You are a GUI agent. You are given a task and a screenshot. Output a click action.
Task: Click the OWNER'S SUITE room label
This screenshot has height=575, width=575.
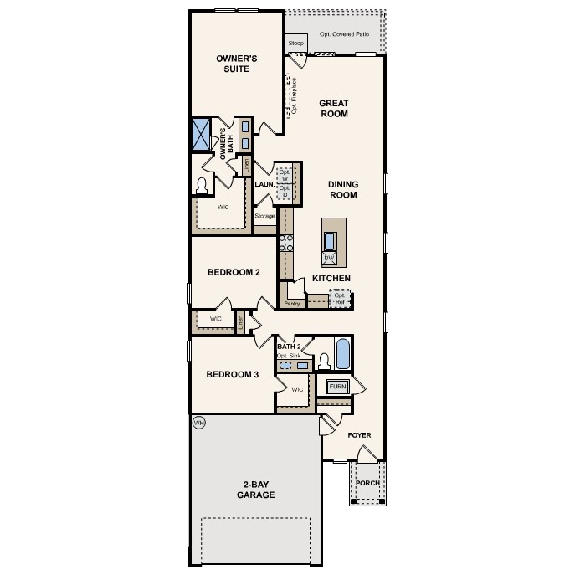[236, 64]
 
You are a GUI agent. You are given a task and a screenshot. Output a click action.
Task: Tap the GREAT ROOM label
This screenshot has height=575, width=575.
[333, 108]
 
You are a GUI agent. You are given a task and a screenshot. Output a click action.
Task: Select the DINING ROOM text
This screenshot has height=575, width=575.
[342, 189]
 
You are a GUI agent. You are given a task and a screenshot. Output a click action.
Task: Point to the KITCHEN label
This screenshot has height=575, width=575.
[331, 278]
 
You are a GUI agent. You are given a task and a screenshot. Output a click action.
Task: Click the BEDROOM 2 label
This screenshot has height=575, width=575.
[234, 272]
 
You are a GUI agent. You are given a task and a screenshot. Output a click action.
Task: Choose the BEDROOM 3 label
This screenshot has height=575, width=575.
[233, 374]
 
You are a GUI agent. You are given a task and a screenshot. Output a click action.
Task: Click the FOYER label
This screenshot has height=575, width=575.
[359, 435]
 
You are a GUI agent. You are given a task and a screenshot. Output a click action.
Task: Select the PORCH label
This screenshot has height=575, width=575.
[367, 483]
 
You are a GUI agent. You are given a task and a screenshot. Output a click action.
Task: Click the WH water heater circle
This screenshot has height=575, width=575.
[199, 423]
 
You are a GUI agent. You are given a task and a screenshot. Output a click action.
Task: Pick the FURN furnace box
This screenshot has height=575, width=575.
[337, 386]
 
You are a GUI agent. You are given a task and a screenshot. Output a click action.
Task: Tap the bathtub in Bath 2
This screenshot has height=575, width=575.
[343, 355]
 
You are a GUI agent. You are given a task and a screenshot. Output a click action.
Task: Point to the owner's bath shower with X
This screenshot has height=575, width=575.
[201, 134]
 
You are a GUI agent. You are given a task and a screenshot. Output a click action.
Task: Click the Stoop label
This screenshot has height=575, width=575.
[295, 43]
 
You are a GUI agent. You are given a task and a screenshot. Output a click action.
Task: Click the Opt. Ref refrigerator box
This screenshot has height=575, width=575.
[340, 298]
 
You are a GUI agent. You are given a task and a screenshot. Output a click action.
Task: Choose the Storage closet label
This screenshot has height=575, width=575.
[264, 217]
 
